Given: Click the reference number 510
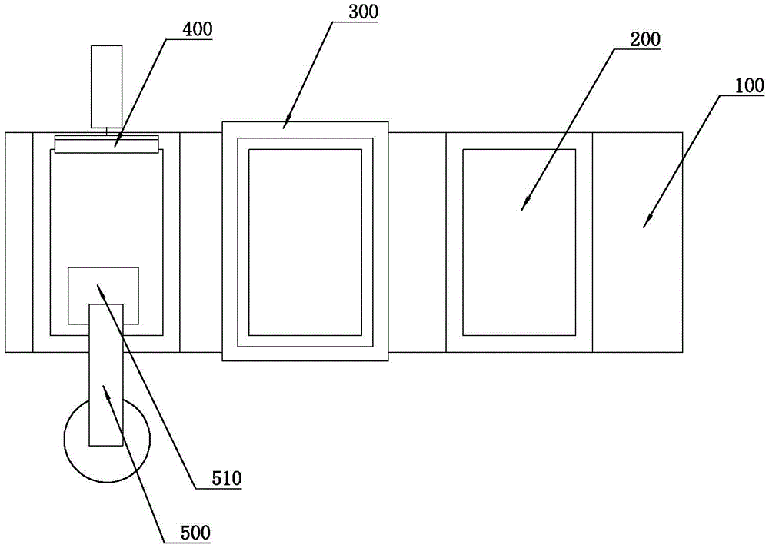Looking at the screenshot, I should [227, 479].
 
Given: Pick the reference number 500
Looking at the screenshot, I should [196, 531].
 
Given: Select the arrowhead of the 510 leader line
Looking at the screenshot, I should [98, 285].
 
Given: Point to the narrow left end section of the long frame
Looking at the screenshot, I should [18, 242].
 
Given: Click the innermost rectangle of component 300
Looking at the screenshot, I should [305, 242].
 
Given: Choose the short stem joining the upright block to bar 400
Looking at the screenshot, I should [107, 131].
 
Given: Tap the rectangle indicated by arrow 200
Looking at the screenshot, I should [519, 242].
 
